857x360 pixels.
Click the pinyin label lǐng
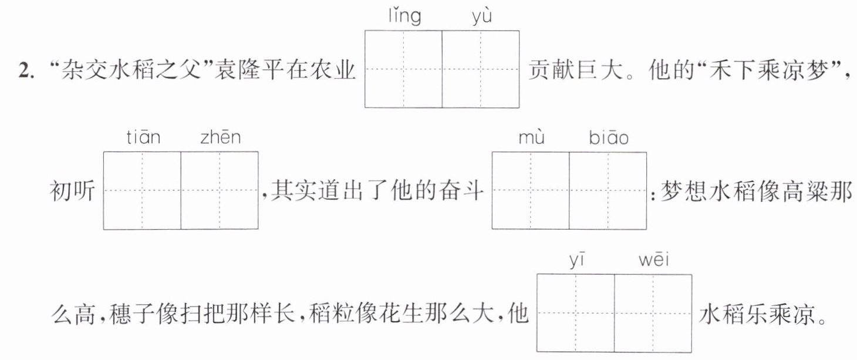coord(405,16)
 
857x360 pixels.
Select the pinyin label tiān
coord(143,137)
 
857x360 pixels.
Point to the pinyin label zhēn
coord(221,137)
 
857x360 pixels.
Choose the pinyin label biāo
coord(609,137)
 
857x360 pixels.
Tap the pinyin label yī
coord(577,260)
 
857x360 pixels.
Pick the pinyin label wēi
coord(654,260)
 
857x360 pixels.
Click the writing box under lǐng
coord(404,69)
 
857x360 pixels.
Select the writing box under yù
coord(481,69)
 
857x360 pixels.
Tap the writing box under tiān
coord(142,191)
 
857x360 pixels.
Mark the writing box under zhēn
coord(220,191)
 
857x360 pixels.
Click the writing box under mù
coord(531,191)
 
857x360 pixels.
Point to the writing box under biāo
coord(608,191)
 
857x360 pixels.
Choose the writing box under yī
coord(576,313)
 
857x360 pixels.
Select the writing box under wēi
coord(653,313)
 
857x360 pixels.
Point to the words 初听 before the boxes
coord(72,191)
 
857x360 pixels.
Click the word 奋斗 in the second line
coord(461,191)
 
